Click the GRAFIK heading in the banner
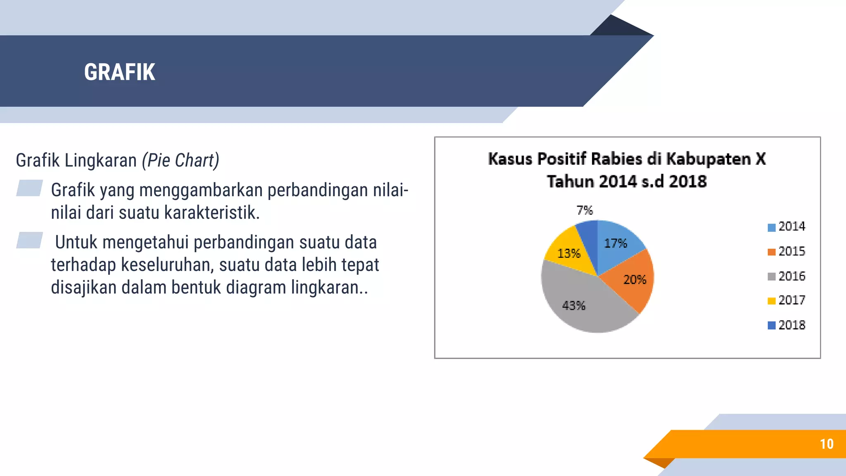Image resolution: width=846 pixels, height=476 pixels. click(x=119, y=72)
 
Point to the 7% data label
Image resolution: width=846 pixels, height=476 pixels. click(x=585, y=210)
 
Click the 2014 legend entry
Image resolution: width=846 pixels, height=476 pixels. click(x=787, y=226)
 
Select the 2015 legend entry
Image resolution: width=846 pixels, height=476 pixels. click(x=787, y=251)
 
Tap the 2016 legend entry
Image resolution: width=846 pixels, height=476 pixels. click(x=787, y=276)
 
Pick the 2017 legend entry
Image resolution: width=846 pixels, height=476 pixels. click(x=787, y=300)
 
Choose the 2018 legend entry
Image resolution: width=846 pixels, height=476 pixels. click(x=787, y=325)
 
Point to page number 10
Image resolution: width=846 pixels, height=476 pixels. click(x=827, y=444)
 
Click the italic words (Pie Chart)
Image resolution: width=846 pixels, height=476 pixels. click(x=181, y=160)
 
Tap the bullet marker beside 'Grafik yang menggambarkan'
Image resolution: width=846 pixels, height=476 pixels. click(x=29, y=188)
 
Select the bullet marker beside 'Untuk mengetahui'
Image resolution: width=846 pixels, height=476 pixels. click(x=29, y=240)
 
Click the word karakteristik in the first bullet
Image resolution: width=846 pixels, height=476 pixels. click(x=212, y=213)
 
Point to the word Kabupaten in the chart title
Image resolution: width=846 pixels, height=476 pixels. click(x=708, y=159)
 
